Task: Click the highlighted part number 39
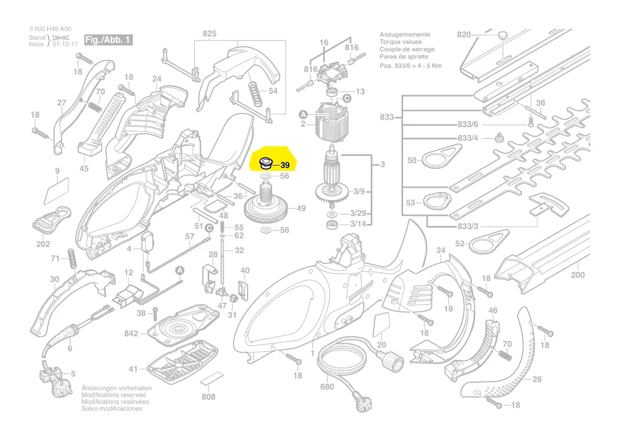pyautogui.click(x=284, y=165)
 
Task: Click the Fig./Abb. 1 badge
pyautogui.click(x=108, y=40)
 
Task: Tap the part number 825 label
pyautogui.click(x=209, y=34)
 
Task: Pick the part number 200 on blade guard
pyautogui.click(x=577, y=275)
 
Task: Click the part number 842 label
pyautogui.click(x=132, y=334)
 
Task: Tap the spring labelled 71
pyautogui.click(x=71, y=258)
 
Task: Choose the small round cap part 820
pyautogui.click(x=502, y=35)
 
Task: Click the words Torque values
pyautogui.click(x=400, y=42)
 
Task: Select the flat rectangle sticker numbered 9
pyautogui.click(x=57, y=188)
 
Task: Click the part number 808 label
pyautogui.click(x=209, y=397)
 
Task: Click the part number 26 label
pyautogui.click(x=537, y=379)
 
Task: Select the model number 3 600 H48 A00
pyautogui.click(x=50, y=29)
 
